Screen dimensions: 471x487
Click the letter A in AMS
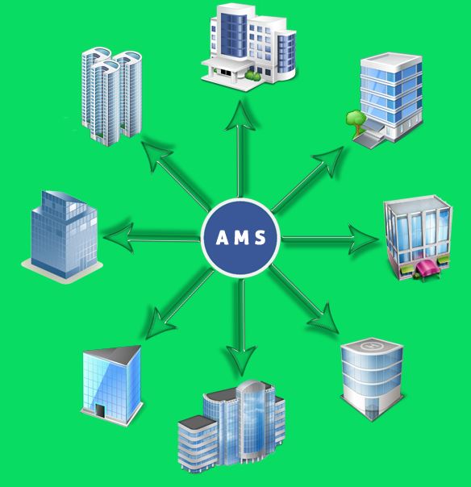[223, 238]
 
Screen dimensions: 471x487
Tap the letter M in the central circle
[242, 238]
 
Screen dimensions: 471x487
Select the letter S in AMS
[261, 238]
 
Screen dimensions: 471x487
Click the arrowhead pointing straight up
[240, 115]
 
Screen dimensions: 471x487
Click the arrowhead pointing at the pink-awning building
[363, 239]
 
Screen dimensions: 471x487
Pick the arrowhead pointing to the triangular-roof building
[159, 323]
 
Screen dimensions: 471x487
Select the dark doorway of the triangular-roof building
[100, 410]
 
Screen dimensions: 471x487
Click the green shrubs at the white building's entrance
[252, 76]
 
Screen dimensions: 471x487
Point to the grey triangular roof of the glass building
[115, 355]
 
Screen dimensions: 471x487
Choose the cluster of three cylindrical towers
[111, 96]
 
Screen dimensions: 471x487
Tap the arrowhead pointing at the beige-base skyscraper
[119, 238]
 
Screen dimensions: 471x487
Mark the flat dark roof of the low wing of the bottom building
[197, 422]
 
